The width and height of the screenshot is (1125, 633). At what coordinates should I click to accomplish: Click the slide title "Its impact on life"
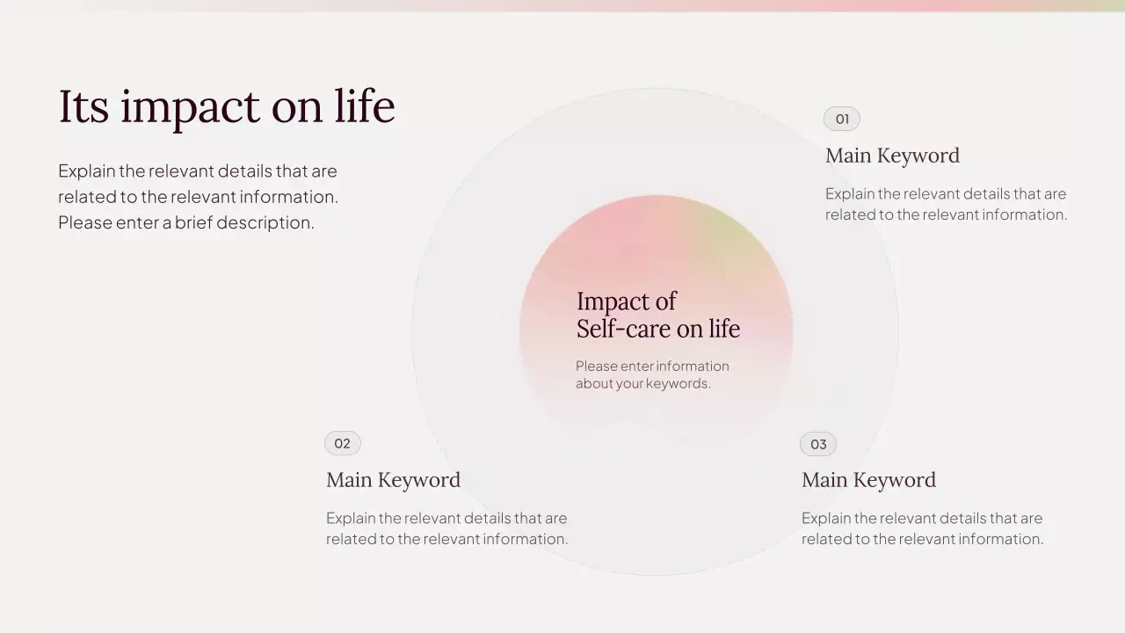point(227,106)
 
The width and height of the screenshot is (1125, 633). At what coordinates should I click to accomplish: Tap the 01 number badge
point(841,119)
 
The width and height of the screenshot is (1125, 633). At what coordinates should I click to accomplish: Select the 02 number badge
point(342,443)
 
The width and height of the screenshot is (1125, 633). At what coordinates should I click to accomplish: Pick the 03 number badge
point(817,444)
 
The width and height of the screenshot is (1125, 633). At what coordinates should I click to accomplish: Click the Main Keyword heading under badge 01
point(892,156)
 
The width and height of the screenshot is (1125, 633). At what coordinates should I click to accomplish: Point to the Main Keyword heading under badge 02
point(393,480)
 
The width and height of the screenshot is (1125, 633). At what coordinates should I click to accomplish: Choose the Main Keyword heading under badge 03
point(868,480)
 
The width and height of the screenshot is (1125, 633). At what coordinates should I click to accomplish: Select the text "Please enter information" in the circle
point(652,366)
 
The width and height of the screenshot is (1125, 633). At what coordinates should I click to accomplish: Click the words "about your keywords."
point(642,383)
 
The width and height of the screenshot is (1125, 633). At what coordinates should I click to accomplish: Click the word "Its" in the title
point(83,106)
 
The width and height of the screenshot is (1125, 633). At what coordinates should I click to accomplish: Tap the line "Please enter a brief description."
point(186,222)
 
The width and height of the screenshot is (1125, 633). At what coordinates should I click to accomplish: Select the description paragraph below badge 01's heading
point(946,204)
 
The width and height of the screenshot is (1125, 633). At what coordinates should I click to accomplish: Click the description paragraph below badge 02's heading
point(446,528)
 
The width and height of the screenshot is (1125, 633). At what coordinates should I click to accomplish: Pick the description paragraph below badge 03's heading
point(922,528)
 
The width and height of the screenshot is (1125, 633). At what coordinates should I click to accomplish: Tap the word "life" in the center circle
point(724,329)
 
